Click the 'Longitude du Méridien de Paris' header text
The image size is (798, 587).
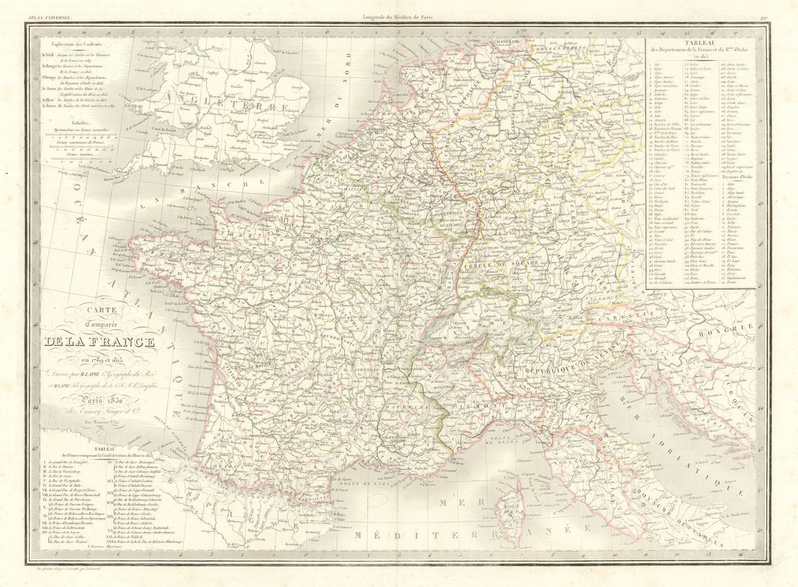[x=398, y=5]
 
